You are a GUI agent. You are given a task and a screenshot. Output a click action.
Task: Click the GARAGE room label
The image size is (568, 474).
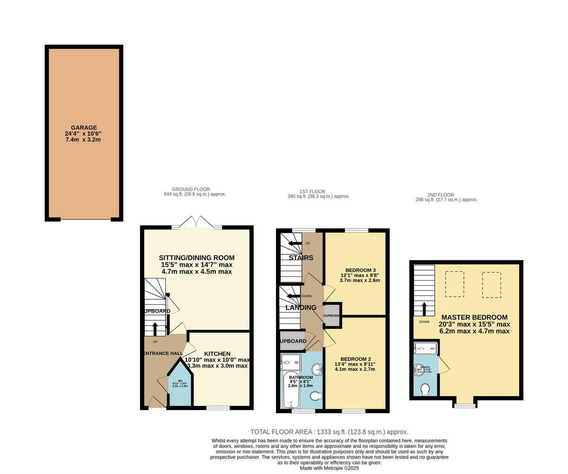tap(84, 128)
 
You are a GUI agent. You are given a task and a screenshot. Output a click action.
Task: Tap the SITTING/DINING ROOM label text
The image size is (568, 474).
tap(196, 258)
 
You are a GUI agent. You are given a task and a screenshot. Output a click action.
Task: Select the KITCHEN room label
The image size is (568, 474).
tap(217, 354)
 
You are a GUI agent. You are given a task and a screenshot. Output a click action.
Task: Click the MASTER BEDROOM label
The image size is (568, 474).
tap(474, 317)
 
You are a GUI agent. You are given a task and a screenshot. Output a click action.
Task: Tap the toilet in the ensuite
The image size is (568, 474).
tap(425, 389)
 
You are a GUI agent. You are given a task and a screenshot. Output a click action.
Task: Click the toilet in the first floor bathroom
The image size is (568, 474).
tap(315, 395)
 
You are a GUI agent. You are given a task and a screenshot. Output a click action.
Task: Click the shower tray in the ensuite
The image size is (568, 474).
tap(426, 349)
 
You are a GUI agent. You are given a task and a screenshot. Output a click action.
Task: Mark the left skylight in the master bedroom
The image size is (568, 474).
tap(454, 284)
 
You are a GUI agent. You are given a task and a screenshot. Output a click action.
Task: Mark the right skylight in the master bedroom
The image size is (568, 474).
tap(492, 285)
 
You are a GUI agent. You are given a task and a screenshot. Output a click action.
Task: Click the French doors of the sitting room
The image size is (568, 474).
tap(197, 222)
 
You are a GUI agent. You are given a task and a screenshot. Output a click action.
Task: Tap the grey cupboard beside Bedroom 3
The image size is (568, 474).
tap(331, 315)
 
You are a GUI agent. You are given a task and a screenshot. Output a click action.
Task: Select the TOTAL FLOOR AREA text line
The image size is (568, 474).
tap(329, 432)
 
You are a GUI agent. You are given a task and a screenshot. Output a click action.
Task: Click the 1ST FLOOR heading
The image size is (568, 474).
tap(312, 192)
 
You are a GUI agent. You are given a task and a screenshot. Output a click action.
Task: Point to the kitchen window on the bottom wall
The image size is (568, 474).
tap(218, 407)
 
